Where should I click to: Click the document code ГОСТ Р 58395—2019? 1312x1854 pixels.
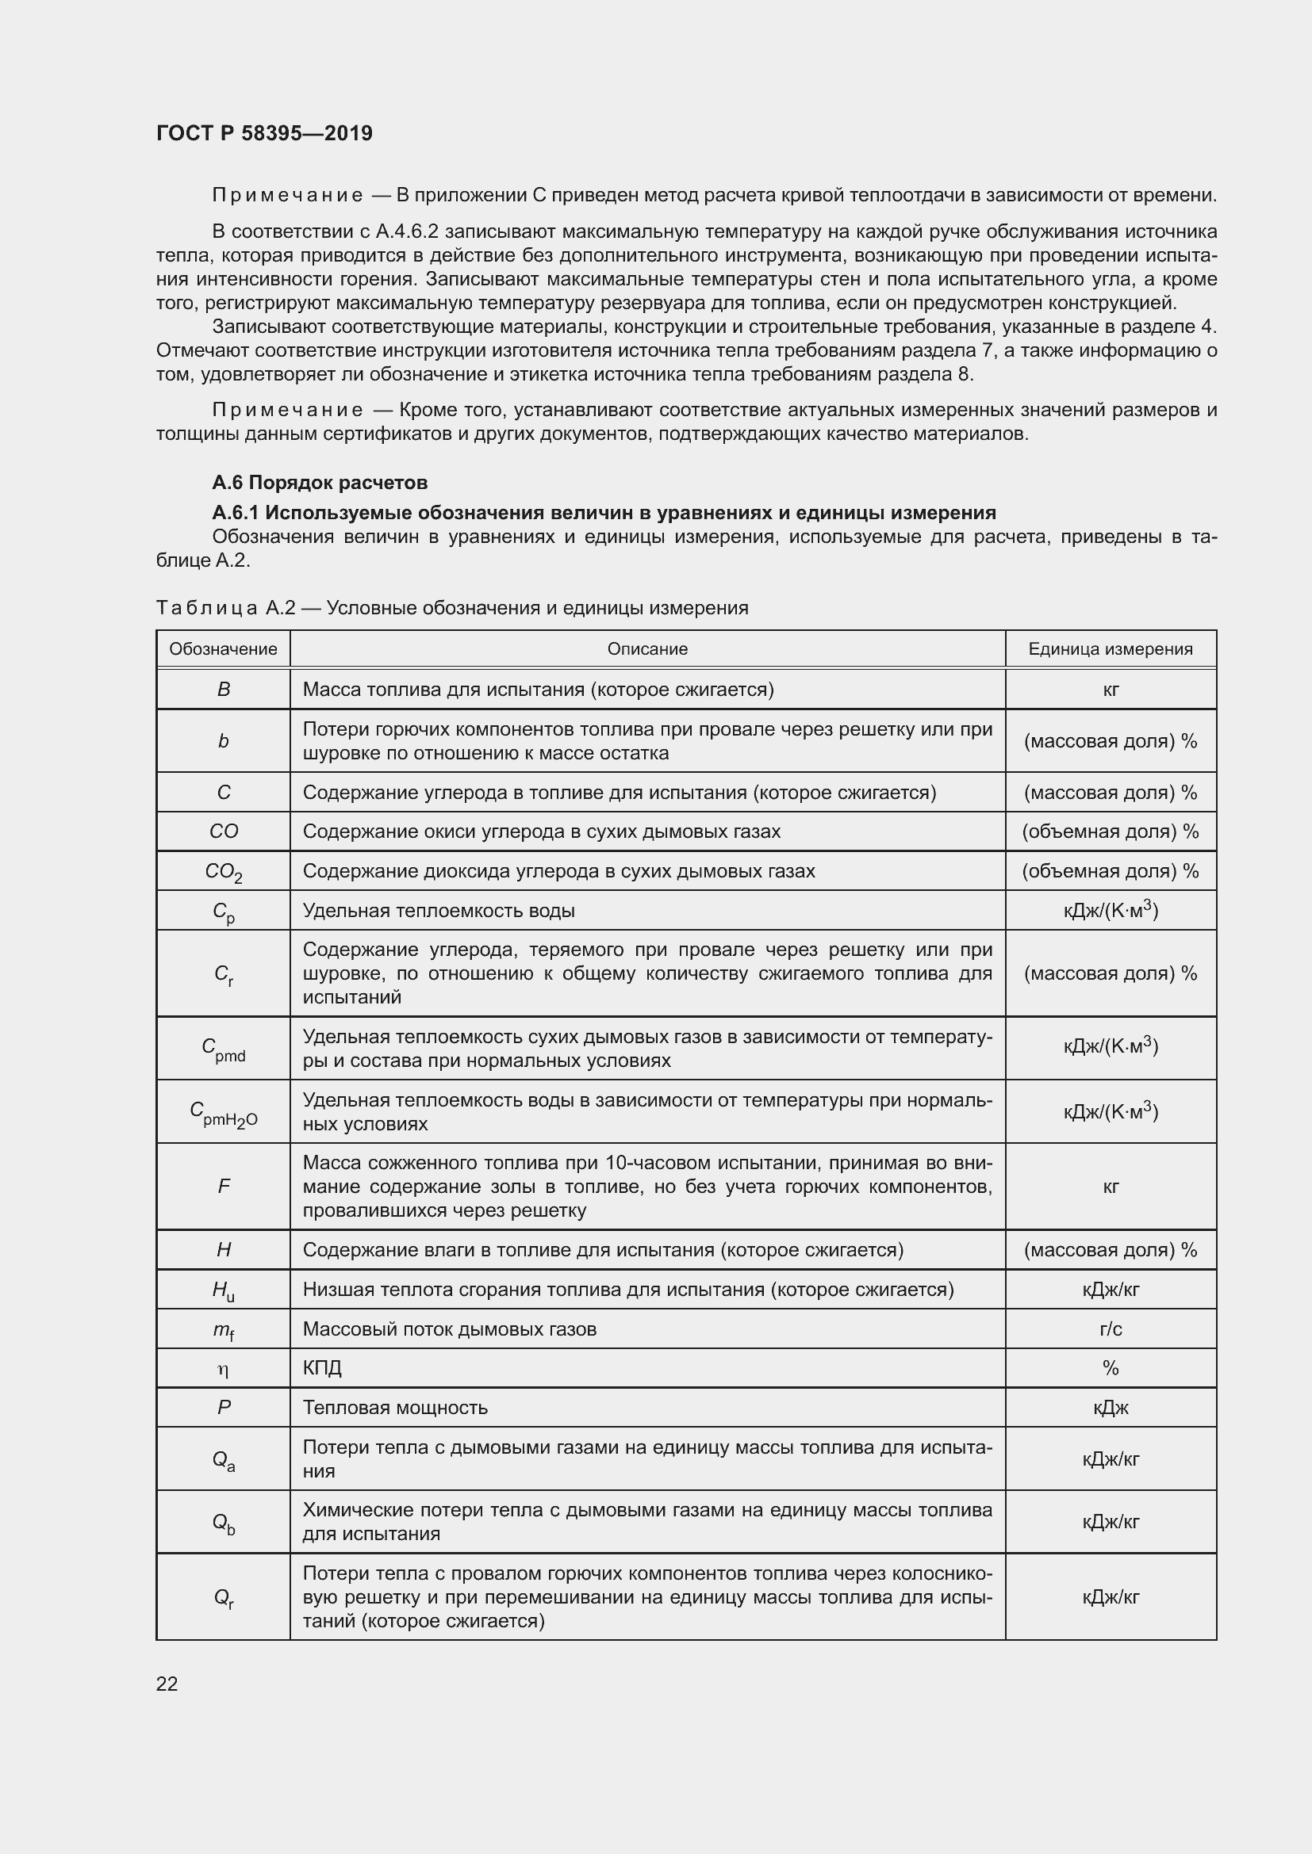(x=264, y=133)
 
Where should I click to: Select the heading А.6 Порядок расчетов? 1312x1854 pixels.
(x=319, y=483)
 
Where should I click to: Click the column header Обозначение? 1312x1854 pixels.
(x=223, y=649)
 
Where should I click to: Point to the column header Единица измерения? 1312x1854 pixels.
(x=1110, y=649)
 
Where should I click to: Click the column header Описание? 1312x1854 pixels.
(x=647, y=649)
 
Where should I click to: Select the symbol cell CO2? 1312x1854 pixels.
(x=223, y=872)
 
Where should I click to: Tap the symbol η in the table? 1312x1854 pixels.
(x=223, y=1369)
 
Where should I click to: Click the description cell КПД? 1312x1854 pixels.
(x=322, y=1368)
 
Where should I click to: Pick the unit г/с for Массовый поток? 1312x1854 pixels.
(x=1110, y=1329)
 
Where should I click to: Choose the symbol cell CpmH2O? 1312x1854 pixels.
(x=223, y=1113)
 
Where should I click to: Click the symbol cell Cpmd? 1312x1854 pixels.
(x=223, y=1049)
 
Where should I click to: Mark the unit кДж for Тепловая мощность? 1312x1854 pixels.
(x=1110, y=1408)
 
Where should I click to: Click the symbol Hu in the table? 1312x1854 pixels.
(x=223, y=1290)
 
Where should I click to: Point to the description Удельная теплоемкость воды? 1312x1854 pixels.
(x=439, y=911)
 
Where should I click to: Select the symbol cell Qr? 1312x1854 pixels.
(x=223, y=1597)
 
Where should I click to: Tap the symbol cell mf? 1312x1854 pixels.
(x=223, y=1330)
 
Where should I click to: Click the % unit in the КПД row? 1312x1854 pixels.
(x=1110, y=1368)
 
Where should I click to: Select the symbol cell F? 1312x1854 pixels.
(x=223, y=1187)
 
